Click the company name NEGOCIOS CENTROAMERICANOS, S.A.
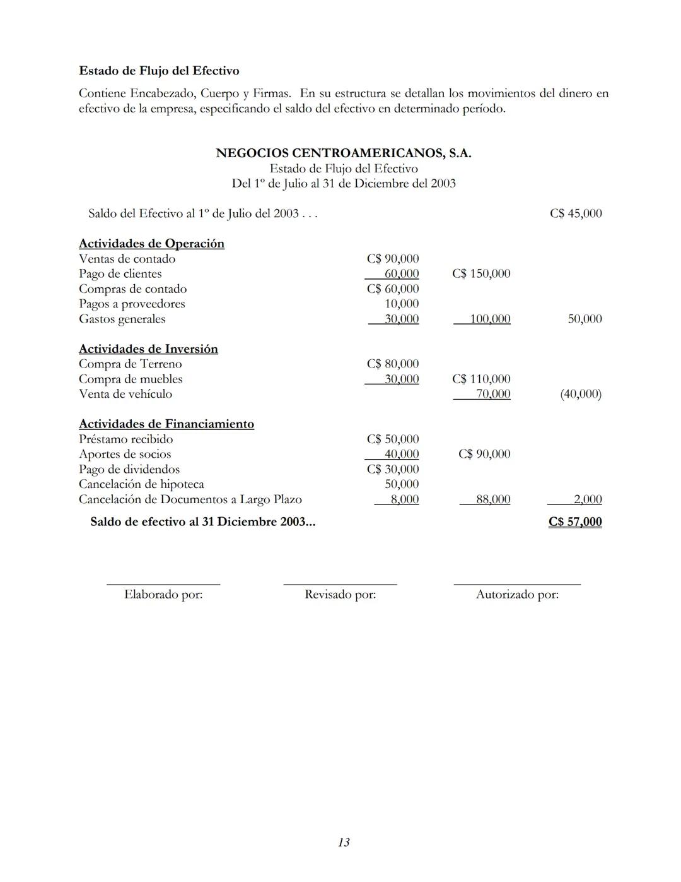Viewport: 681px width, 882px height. coord(343,153)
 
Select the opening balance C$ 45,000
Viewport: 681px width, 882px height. coord(575,213)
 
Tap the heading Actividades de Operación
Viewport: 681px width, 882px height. coord(151,244)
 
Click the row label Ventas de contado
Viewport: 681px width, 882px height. coord(127,259)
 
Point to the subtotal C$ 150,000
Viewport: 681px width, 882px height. coord(481,274)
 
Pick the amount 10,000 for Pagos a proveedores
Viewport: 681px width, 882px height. coord(402,304)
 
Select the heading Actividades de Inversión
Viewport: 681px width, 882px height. coord(148,349)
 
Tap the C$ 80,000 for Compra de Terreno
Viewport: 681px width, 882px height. coord(392,364)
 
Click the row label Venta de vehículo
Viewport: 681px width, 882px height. coord(125,394)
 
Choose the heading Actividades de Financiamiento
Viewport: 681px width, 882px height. coord(166,424)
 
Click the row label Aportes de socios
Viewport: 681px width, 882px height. coord(125,455)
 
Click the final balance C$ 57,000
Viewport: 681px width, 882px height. coord(574,522)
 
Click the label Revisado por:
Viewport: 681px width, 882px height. coord(340,595)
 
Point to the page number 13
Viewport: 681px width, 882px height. coord(344,842)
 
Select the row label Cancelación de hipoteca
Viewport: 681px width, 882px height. coord(141,484)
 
